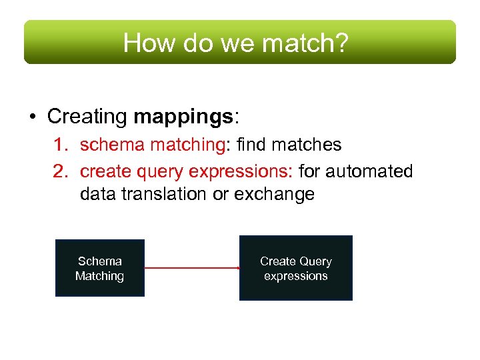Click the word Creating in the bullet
point(87,117)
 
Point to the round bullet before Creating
point(32,117)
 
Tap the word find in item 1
point(253,145)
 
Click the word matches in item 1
point(309,145)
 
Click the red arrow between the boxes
point(192,268)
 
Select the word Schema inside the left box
point(100,261)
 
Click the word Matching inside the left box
point(100,276)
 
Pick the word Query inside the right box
point(315,261)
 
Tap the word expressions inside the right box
point(296,276)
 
